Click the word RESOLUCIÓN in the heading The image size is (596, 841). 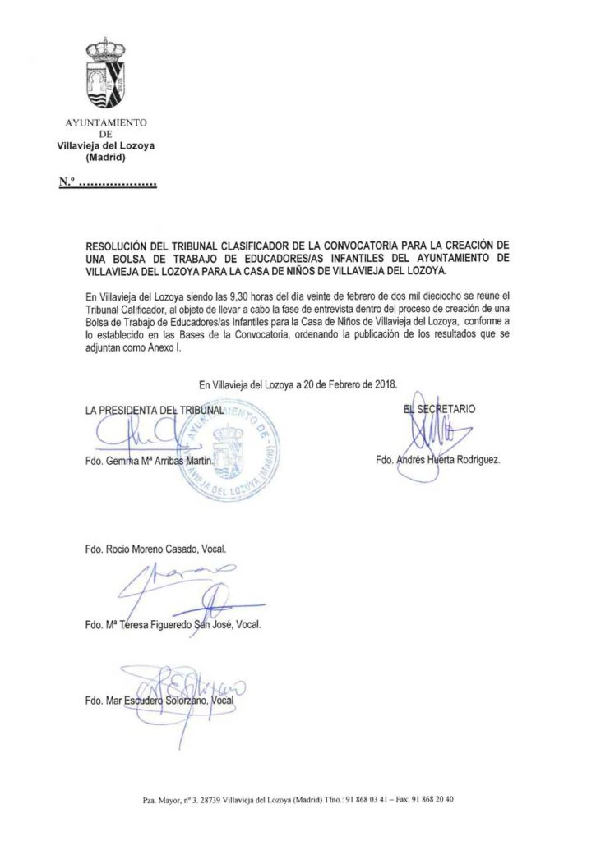(120, 246)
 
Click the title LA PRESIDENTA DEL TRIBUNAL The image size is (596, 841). (154, 409)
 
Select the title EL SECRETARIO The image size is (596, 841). (438, 407)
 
